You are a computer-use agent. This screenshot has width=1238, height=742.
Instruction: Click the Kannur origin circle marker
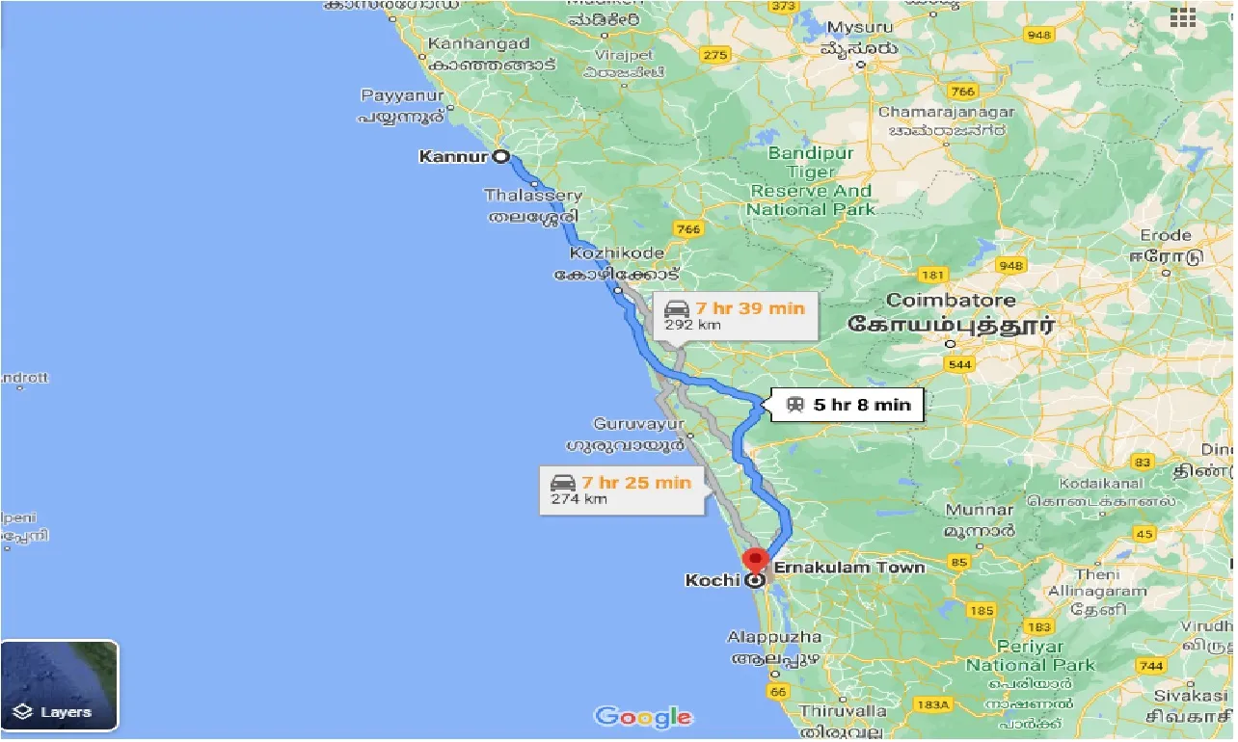501,156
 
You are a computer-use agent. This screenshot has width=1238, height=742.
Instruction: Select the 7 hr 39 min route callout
737,315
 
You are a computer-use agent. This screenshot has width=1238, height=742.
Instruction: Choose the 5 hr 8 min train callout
848,405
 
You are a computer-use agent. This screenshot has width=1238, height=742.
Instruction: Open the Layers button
60,685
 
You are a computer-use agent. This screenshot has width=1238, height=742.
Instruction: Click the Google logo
642,717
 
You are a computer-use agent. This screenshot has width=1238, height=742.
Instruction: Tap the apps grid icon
1182,18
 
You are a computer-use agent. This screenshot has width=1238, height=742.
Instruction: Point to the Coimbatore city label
950,301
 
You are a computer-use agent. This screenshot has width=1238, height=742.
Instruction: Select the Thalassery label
533,196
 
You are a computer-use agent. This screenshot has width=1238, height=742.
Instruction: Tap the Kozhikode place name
617,253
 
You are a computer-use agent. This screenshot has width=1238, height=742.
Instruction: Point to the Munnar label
979,510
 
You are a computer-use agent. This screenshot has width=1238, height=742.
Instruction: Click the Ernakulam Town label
848,567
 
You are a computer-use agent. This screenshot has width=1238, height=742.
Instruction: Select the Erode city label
1165,235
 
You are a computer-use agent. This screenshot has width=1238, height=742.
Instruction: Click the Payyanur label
402,95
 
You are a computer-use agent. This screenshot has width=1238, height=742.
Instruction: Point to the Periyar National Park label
1030,655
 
